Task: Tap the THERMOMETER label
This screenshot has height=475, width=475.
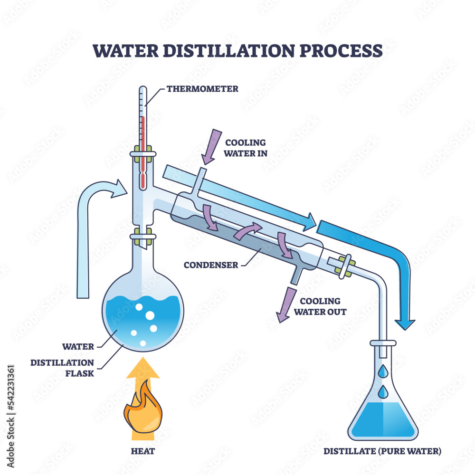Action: coord(202,89)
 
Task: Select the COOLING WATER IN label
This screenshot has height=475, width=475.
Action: coord(245,148)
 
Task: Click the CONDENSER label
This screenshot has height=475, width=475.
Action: coord(212,265)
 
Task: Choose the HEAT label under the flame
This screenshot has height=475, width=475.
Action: coord(142,451)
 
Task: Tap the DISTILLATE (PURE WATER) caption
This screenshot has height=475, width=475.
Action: coord(382,451)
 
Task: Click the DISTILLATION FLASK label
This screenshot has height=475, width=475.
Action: coord(62,368)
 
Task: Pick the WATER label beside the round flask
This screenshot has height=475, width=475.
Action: coord(78,347)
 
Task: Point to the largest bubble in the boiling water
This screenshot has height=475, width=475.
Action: coord(150,316)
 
